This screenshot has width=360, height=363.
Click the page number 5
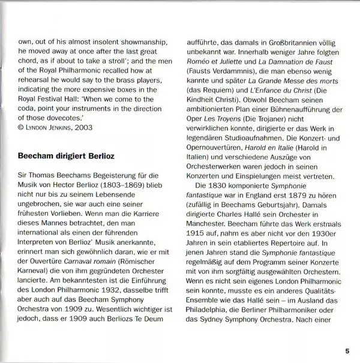tap(347, 350)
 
